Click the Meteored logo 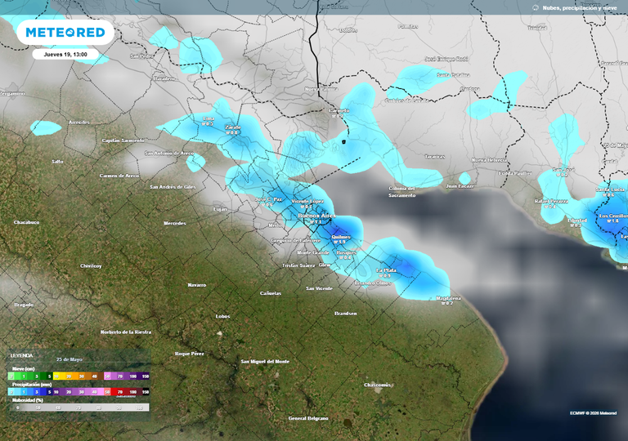point(65,33)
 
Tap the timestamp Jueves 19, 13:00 point(65,54)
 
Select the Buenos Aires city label point(316,216)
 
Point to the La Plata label point(385,270)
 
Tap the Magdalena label point(448,298)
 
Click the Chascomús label point(378,385)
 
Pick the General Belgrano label point(308,418)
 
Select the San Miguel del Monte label point(265,361)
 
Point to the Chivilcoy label point(90,265)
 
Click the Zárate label point(233,127)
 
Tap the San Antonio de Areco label point(170,153)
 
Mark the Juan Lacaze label point(460,185)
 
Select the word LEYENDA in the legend point(21,356)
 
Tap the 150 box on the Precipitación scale point(145,392)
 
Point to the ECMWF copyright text point(593,413)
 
